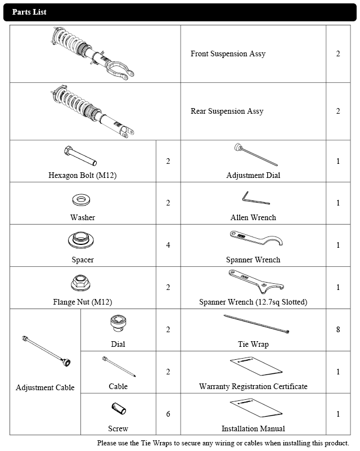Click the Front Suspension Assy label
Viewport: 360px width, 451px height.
tap(228, 54)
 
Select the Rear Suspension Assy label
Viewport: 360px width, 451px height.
tap(227, 111)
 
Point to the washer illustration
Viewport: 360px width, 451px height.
tap(83, 200)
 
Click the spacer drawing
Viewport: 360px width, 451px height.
tap(83, 241)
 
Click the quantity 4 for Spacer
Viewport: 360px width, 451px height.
tap(168, 245)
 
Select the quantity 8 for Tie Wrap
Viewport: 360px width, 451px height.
tap(338, 330)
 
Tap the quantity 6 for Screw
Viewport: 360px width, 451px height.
tap(168, 414)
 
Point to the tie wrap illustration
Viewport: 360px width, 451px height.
tap(256, 324)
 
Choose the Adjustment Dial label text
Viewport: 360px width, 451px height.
tap(253, 176)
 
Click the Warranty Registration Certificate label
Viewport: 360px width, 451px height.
tap(253, 387)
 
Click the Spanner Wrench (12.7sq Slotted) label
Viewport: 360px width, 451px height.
tap(253, 302)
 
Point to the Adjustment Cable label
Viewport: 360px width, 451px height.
tap(45, 388)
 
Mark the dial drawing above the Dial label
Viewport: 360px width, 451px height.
tap(118, 324)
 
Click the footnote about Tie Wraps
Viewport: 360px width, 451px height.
tap(223, 443)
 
